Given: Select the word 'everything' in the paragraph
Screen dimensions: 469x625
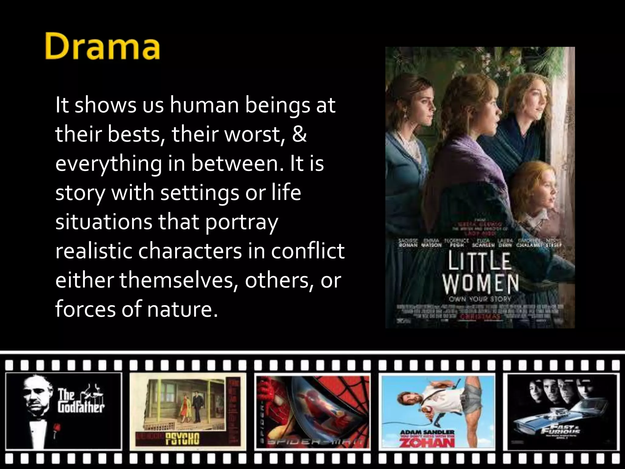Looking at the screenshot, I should pyautogui.click(x=108, y=164).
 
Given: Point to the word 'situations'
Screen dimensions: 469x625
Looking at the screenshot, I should pyautogui.click(x=103, y=222).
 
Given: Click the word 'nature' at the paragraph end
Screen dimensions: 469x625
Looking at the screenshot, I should pyautogui.click(x=182, y=309).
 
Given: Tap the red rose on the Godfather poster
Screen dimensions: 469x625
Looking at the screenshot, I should pyautogui.click(x=56, y=427).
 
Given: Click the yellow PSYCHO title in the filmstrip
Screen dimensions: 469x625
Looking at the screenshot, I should pyautogui.click(x=182, y=439).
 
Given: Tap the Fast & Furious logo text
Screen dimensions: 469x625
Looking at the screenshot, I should pyautogui.click(x=560, y=430).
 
